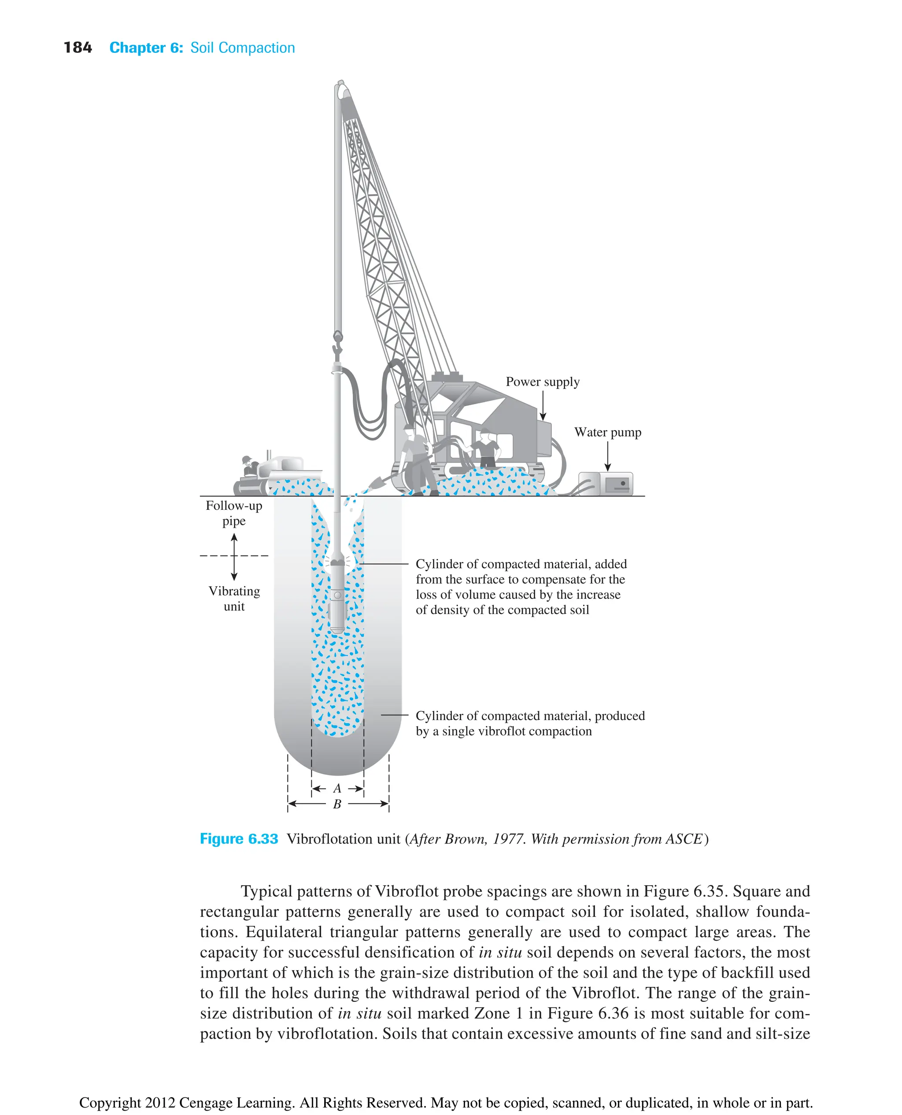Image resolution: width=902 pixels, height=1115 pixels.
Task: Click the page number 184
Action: click(78, 48)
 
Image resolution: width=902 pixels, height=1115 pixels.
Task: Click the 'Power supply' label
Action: click(543, 382)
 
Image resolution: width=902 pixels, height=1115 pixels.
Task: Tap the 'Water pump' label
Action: click(607, 432)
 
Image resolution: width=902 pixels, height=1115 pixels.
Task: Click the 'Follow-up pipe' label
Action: click(234, 513)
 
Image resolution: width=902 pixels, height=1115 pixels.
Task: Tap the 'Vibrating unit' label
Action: click(234, 598)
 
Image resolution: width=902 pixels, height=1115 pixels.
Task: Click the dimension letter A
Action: click(337, 788)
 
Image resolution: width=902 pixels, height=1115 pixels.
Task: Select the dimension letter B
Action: click(337, 804)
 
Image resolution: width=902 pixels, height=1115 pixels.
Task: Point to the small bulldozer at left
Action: click(270, 475)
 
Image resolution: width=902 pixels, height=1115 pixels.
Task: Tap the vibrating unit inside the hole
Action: click(338, 597)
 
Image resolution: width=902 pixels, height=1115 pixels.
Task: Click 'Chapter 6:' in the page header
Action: click(146, 48)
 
